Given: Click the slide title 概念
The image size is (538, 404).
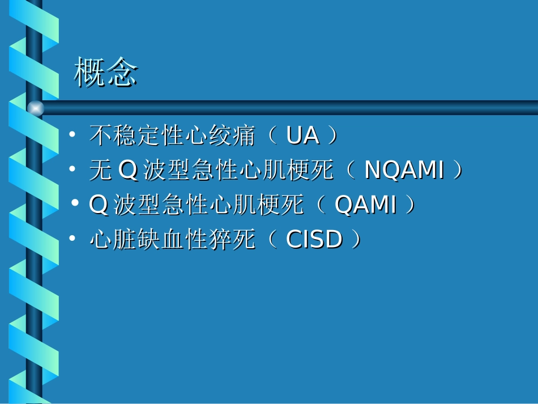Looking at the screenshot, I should point(106,73).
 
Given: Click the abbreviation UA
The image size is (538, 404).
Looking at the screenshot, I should point(302,136).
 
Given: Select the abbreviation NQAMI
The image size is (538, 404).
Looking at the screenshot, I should point(404,171).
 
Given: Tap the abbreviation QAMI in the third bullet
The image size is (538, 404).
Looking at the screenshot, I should point(365,205).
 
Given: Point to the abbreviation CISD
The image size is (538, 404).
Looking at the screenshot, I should point(314,240).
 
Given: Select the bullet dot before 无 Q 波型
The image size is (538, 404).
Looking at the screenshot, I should point(72,169).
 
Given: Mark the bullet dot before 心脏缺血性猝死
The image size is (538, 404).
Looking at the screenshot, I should point(72,239).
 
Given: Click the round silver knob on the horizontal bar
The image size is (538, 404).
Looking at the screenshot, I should point(35,108).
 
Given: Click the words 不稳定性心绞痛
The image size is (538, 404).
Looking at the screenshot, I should point(175,136).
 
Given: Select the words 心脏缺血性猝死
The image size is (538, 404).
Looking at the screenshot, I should point(175,240).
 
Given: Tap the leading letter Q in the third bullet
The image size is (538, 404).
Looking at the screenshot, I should point(99,205).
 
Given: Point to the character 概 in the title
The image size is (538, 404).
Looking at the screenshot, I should point(89,73).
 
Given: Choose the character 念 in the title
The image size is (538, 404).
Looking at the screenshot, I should point(122,73).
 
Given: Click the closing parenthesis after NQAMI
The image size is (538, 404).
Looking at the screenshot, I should point(455,171).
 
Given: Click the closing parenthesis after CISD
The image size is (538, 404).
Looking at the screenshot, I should point(355,240).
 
